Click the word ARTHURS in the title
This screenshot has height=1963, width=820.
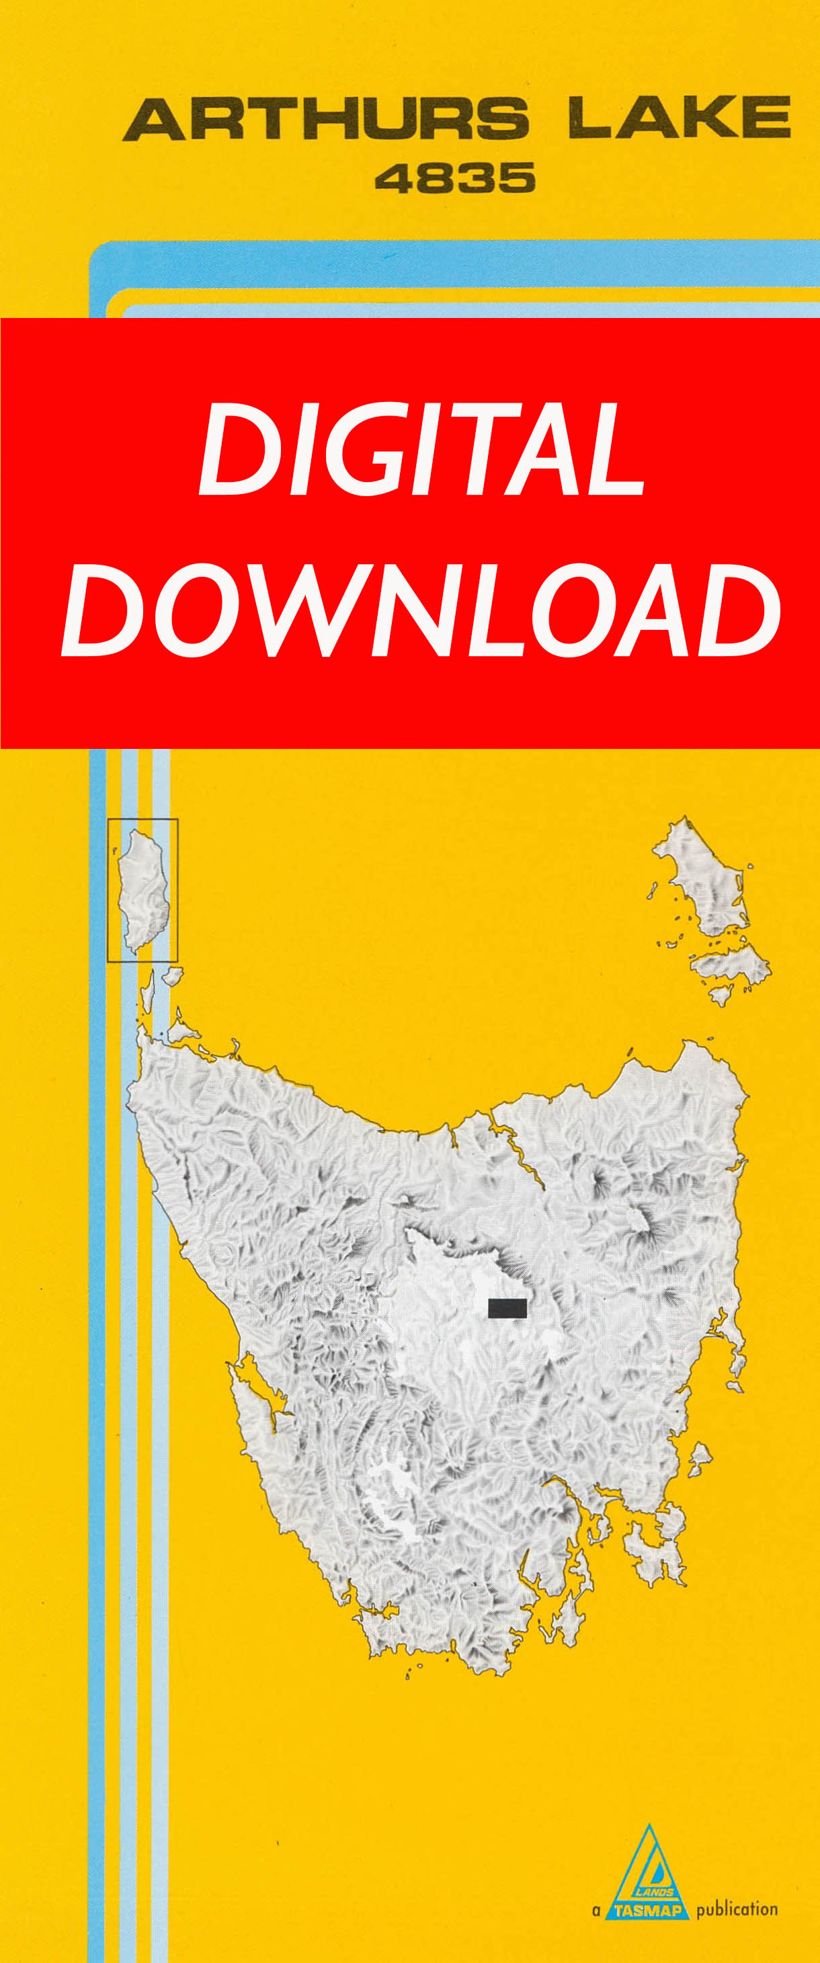pyautogui.click(x=325, y=119)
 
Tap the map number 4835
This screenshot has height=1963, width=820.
pyautogui.click(x=455, y=178)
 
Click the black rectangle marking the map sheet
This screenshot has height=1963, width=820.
pyautogui.click(x=507, y=1308)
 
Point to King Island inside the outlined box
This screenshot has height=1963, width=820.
pyautogui.click(x=142, y=890)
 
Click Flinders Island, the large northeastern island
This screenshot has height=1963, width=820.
pyautogui.click(x=705, y=877)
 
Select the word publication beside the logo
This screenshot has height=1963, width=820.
pyautogui.click(x=736, y=1909)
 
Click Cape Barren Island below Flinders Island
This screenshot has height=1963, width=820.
pyautogui.click(x=728, y=963)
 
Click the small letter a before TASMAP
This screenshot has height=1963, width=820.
pyautogui.click(x=596, y=1911)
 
